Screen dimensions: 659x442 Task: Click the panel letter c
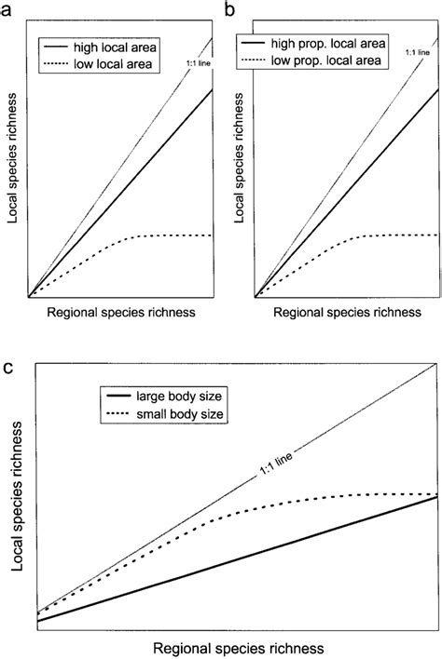point(7,368)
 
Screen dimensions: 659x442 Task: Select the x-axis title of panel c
point(238,645)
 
